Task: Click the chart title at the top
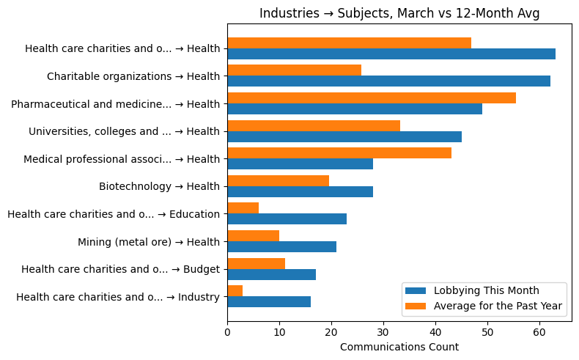399,13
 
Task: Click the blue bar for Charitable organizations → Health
388,81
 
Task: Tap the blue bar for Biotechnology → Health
300,191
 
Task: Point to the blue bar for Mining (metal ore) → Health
281,246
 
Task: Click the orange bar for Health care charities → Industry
235,291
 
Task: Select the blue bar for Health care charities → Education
287,219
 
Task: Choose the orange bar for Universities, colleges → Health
314,125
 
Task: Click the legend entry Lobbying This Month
486,290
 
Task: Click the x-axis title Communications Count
399,347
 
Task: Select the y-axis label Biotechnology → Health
159,186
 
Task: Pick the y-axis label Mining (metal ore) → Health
149,241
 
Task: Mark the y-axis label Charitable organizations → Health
133,76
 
